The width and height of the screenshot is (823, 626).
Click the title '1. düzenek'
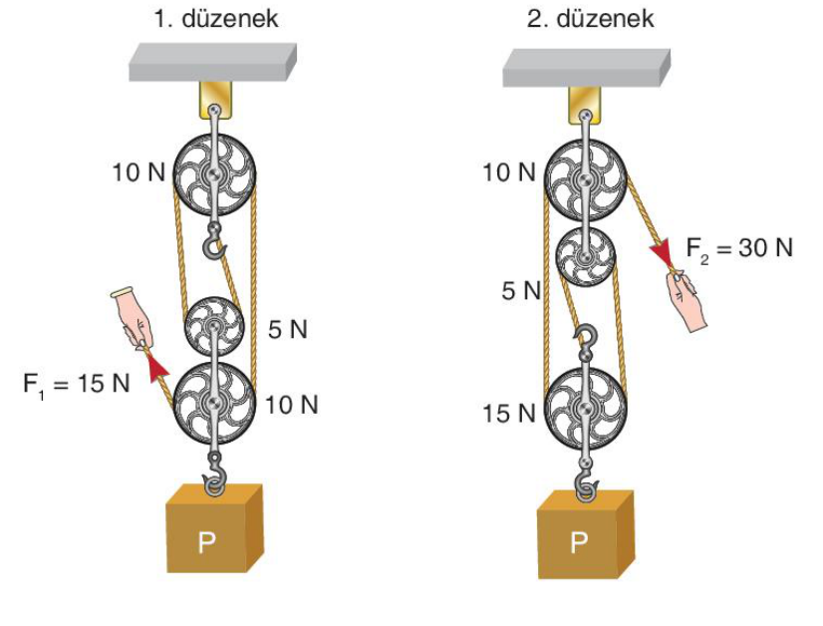coord(216,19)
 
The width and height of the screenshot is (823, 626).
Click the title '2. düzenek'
coord(591,19)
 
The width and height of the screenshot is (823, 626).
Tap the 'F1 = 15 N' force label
coord(76,384)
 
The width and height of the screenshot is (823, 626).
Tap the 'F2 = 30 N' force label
coord(739,248)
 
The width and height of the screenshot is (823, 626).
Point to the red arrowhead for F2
coord(663,252)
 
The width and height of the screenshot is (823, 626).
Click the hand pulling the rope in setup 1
coord(134,317)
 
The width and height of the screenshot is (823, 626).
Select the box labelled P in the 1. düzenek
coord(214,527)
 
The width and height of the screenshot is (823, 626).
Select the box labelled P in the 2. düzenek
coord(586,534)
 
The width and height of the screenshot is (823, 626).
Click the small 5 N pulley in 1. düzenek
coord(213,327)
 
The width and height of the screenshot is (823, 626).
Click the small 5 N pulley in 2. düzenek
coord(584,257)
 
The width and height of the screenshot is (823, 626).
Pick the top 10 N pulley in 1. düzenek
coord(213,174)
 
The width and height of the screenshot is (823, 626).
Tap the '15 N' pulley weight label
coord(509,414)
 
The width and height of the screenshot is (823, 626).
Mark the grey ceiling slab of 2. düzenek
coord(586,67)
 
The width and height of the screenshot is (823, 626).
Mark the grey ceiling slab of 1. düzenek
coord(212,62)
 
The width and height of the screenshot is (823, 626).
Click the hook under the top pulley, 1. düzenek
coord(214,241)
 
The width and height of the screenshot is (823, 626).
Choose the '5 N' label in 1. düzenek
coord(288,329)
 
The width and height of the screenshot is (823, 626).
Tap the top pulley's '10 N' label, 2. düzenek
coord(509,172)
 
